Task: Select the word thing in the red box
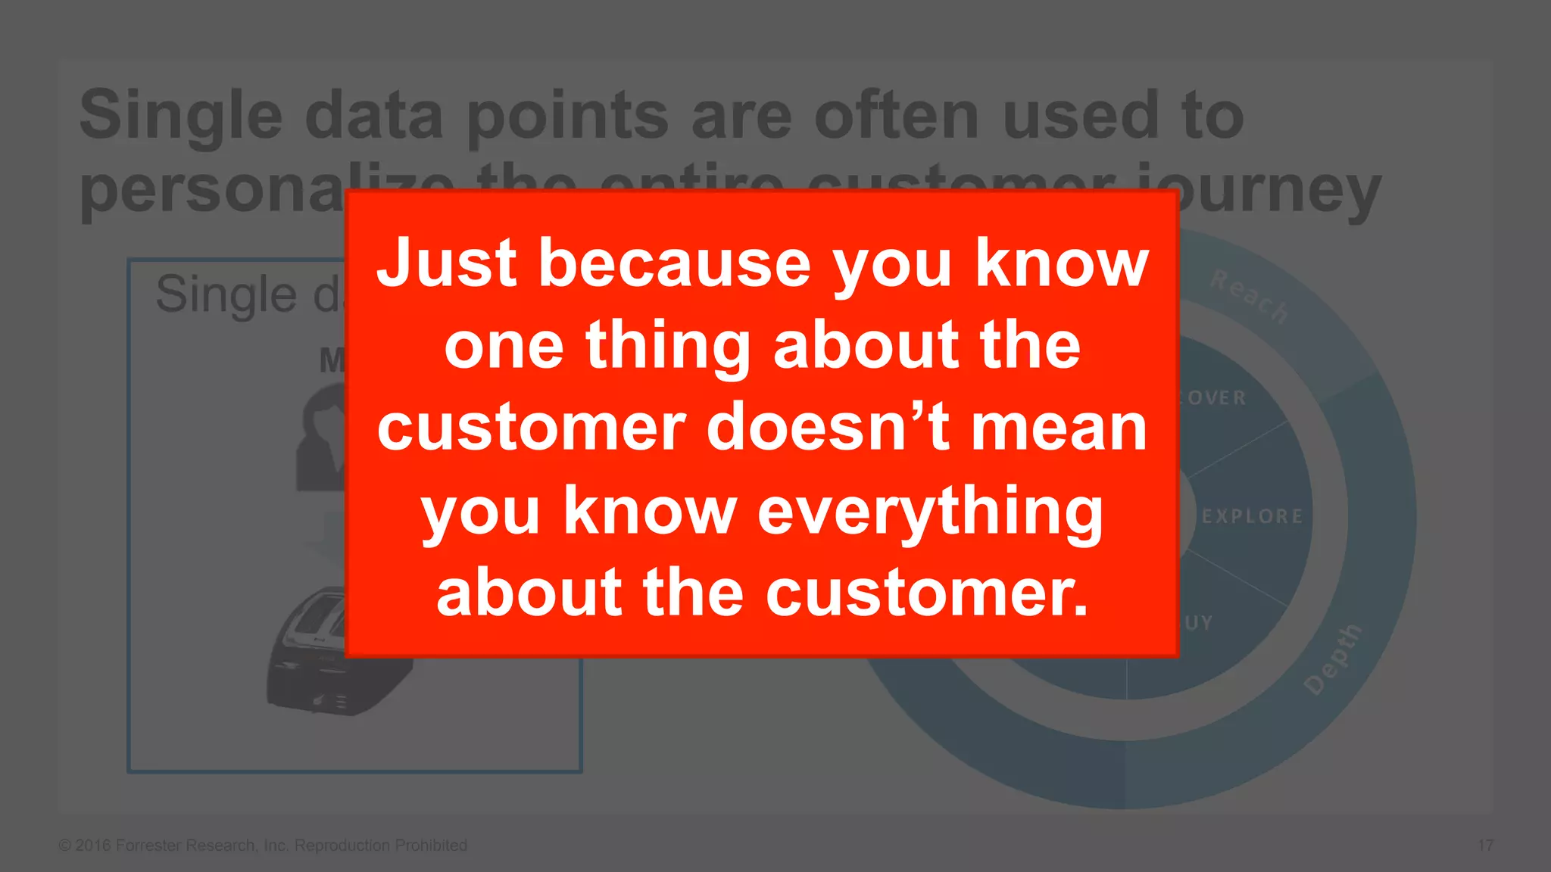tap(667, 346)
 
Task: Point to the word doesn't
tap(829, 428)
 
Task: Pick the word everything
tap(930, 512)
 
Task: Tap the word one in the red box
tap(504, 347)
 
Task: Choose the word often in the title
tap(897, 115)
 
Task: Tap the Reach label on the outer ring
tap(1249, 296)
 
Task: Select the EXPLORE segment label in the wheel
tap(1252, 516)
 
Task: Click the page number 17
tap(1485, 846)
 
